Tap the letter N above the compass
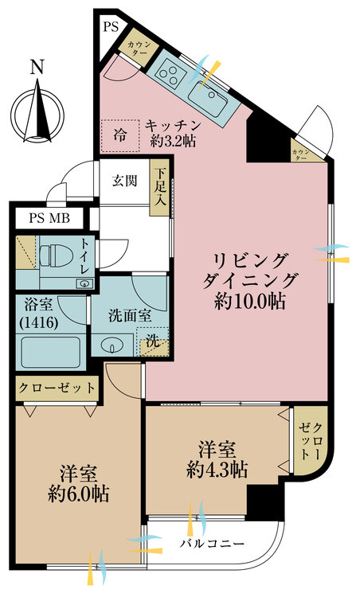37,68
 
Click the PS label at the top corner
110,27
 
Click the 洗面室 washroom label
130,315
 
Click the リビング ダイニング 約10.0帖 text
249,280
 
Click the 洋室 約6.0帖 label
77,482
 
